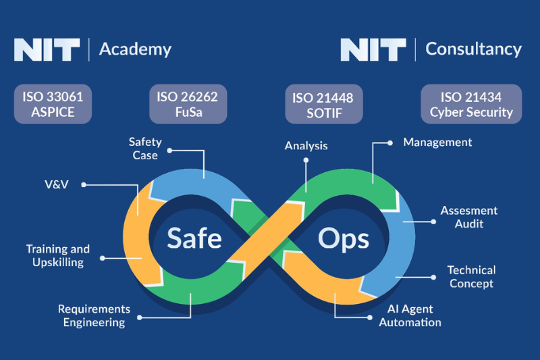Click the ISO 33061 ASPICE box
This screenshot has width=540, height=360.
(x=53, y=104)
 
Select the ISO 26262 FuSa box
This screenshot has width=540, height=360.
(x=188, y=104)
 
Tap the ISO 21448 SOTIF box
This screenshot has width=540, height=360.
(x=323, y=105)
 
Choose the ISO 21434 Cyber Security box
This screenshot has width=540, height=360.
(x=471, y=105)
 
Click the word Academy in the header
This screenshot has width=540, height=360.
(x=135, y=49)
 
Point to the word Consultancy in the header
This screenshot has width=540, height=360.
(x=473, y=49)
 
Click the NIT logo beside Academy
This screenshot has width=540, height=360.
(x=47, y=49)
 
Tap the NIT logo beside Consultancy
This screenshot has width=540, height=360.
(x=373, y=49)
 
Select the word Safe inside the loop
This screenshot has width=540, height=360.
(x=194, y=238)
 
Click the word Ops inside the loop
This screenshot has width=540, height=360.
(x=344, y=238)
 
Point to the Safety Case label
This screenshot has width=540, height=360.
(x=143, y=149)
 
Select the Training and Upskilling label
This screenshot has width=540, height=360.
(x=58, y=256)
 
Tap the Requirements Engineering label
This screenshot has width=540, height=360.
(x=94, y=315)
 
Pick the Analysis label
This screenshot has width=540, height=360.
(x=306, y=145)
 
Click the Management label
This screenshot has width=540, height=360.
(x=437, y=143)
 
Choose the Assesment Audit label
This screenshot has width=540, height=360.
(x=469, y=217)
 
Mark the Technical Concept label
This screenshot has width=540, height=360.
(x=471, y=277)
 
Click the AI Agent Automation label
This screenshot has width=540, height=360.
(x=410, y=315)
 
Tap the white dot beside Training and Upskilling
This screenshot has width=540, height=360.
(x=102, y=257)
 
